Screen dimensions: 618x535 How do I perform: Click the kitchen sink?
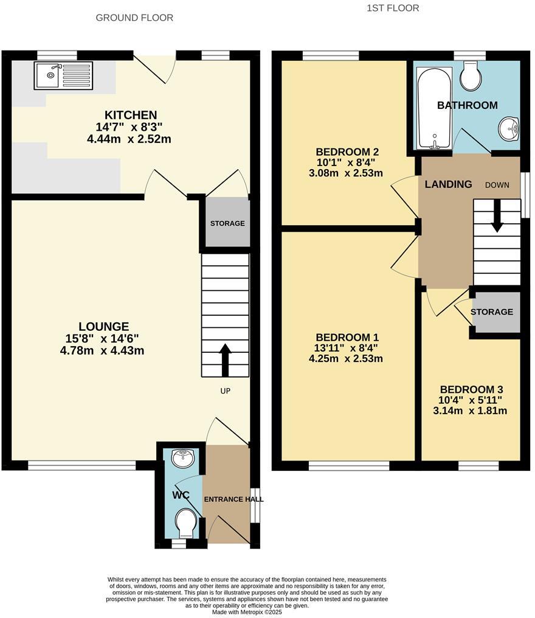[x=63, y=75]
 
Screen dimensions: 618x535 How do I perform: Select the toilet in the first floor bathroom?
[x=471, y=76]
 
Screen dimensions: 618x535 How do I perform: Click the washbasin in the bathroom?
[x=508, y=128]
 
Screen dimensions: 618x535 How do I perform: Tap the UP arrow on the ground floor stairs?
[x=225, y=359]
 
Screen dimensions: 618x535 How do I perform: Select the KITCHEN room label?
[x=131, y=115]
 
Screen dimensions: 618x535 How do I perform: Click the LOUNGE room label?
[x=103, y=327]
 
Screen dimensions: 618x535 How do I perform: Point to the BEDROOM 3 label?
[x=471, y=390]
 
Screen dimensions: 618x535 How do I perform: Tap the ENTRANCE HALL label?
[x=233, y=499]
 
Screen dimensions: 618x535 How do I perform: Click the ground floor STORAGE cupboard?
[x=227, y=223]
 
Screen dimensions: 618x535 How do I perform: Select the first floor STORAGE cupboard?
[x=491, y=312]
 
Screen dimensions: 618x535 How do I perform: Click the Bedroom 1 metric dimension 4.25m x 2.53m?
[x=346, y=359]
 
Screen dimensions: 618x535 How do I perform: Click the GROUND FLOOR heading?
[x=134, y=18]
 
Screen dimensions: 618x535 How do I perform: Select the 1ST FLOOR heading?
[x=393, y=8]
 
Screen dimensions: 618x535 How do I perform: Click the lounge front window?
[x=81, y=465]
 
